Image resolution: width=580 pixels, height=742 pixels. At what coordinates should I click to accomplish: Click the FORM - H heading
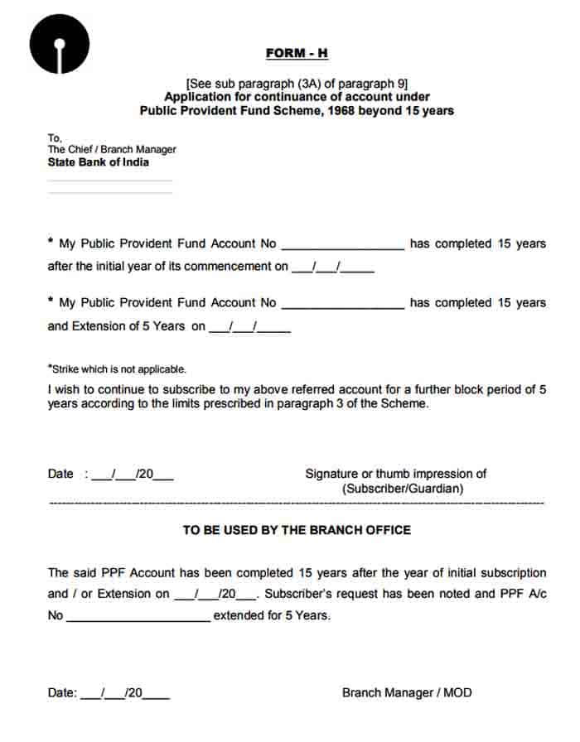click(x=297, y=53)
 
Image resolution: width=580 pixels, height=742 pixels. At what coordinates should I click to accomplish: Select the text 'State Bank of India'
click(x=99, y=162)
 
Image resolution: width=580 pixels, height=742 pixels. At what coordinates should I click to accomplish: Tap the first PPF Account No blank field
click(x=342, y=245)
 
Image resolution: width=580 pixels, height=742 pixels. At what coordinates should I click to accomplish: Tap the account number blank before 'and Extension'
click(x=342, y=304)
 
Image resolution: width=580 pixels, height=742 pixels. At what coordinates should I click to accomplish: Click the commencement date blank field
click(x=332, y=267)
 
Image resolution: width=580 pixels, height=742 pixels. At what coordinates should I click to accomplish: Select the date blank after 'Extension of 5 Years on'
click(x=249, y=327)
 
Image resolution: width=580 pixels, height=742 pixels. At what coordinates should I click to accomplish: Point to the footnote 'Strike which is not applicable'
click(x=117, y=369)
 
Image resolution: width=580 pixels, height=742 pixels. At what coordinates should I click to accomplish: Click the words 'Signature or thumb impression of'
click(x=395, y=474)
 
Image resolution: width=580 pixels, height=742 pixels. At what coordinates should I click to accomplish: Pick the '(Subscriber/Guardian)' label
click(x=403, y=489)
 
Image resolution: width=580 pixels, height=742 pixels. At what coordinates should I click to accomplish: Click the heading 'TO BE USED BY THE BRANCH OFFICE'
click(x=297, y=530)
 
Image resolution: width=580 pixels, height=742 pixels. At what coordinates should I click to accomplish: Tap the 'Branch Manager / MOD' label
click(x=407, y=692)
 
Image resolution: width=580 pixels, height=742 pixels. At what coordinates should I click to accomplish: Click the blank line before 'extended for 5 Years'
click(x=138, y=616)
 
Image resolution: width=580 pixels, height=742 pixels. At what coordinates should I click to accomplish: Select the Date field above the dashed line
click(x=133, y=475)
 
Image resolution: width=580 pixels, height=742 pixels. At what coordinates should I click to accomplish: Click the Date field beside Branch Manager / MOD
click(x=125, y=693)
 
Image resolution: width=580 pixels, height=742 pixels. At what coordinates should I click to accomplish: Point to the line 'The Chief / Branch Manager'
click(x=112, y=150)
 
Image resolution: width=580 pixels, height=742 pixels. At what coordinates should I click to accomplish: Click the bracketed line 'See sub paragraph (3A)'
click(x=297, y=84)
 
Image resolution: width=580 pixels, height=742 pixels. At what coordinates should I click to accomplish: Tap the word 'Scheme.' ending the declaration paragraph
click(x=405, y=403)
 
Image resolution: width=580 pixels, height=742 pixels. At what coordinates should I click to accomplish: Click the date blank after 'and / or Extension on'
click(x=217, y=594)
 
